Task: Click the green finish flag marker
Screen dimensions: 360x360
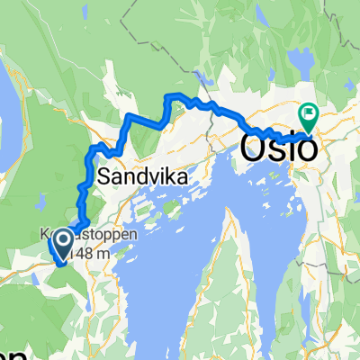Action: point(309,114)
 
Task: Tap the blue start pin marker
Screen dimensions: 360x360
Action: point(64,238)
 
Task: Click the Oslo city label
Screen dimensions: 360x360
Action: point(280,146)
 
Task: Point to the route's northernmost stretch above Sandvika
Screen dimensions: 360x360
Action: point(180,96)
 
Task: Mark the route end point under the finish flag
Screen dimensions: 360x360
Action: point(309,130)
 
